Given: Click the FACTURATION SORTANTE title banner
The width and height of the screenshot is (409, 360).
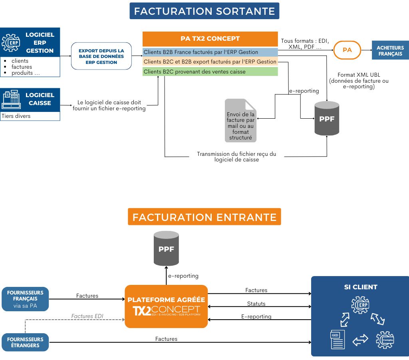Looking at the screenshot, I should [x=204, y=11].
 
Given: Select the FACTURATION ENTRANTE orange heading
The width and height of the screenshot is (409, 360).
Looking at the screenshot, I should [x=204, y=217].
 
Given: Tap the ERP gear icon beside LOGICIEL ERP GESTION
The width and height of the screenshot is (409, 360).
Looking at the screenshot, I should [x=11, y=42].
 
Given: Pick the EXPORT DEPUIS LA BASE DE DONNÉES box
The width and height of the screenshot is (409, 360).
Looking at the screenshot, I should [x=101, y=56].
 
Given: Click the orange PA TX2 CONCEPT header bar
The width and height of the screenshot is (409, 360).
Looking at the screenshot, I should [x=210, y=39].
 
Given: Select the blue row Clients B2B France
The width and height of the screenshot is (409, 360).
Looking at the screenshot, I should [x=210, y=52].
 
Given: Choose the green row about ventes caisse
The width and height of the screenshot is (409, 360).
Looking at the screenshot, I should [x=210, y=72].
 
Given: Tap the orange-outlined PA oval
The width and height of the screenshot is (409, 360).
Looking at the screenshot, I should [x=347, y=50].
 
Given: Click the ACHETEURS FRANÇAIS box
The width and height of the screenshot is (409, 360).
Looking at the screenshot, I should [x=390, y=50].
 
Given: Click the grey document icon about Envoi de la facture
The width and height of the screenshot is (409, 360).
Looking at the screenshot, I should [x=240, y=121].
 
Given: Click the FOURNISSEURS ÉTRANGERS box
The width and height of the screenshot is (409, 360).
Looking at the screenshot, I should [x=25, y=342].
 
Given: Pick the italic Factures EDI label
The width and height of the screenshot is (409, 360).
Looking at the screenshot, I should [x=87, y=316].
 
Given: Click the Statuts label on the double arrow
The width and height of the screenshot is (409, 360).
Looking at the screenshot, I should [x=256, y=304].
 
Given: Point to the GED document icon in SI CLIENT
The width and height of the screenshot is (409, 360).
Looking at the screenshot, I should [x=337, y=339].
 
